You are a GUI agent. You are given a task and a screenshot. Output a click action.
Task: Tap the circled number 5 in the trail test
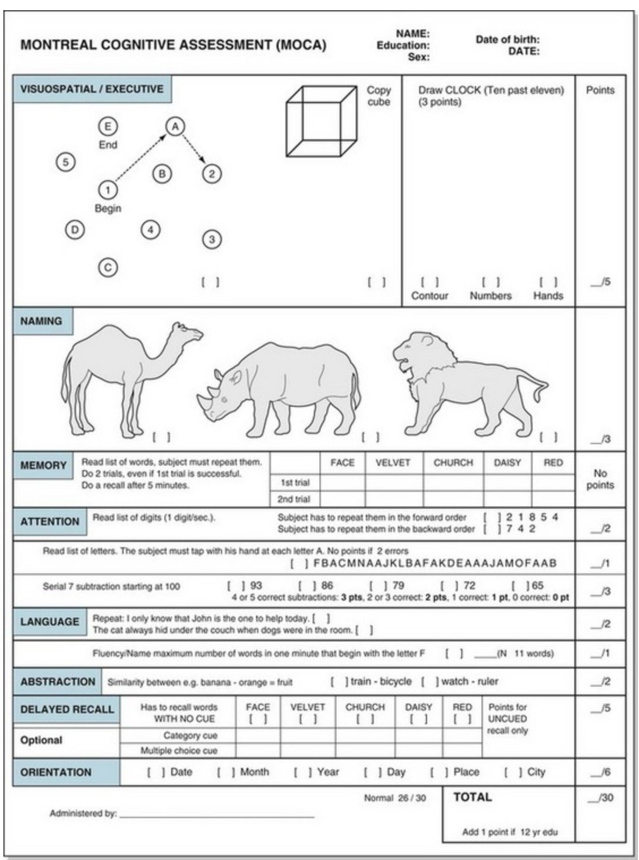[x=66, y=162]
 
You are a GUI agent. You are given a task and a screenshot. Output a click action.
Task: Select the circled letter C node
[x=108, y=267]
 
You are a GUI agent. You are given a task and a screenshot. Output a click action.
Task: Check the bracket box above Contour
[x=429, y=282]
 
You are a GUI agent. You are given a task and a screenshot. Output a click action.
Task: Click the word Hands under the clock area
[x=548, y=295]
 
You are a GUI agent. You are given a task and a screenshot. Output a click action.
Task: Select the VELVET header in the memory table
[x=393, y=462]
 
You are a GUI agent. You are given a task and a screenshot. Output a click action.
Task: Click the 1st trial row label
[x=295, y=483]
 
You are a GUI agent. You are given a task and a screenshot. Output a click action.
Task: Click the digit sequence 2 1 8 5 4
[x=532, y=517]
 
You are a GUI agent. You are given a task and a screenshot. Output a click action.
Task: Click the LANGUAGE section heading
[x=50, y=621]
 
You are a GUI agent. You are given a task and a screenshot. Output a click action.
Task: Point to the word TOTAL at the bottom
[x=472, y=797]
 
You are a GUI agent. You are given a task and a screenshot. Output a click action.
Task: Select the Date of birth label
[x=507, y=40]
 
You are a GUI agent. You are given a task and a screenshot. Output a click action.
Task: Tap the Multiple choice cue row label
[x=178, y=751]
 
